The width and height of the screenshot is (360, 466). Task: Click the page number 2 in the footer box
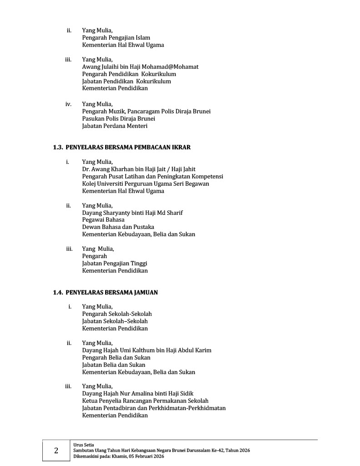click(x=56, y=451)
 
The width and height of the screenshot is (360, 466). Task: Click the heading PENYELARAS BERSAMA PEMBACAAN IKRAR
click(x=128, y=147)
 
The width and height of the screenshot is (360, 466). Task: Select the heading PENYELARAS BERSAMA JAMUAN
click(x=112, y=293)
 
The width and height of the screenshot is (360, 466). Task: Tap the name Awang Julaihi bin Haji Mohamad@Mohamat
click(x=140, y=67)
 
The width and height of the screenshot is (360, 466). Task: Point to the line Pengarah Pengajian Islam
click(x=116, y=38)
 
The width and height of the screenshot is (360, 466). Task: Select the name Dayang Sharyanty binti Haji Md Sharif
click(x=132, y=213)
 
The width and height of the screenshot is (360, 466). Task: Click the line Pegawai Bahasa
click(x=103, y=220)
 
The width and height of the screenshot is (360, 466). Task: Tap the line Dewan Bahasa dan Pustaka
click(x=118, y=227)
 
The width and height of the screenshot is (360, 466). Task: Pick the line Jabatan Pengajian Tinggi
click(x=115, y=263)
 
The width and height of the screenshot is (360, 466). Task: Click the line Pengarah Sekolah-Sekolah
click(x=117, y=314)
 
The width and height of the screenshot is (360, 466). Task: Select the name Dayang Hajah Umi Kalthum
click(x=118, y=350)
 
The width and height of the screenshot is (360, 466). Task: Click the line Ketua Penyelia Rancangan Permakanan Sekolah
click(x=145, y=401)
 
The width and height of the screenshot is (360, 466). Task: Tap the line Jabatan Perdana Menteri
click(x=115, y=126)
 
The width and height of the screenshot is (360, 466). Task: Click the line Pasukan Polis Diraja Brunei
click(x=119, y=119)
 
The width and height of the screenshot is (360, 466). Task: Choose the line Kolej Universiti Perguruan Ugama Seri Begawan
click(x=146, y=184)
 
